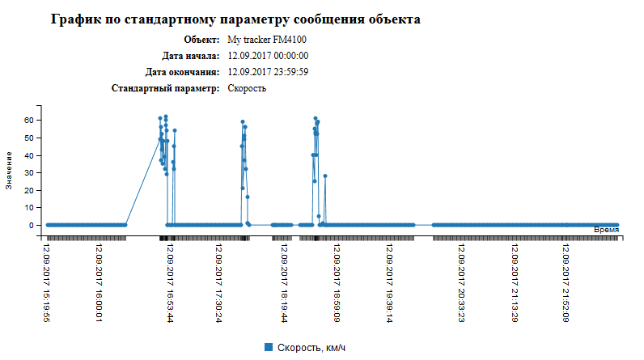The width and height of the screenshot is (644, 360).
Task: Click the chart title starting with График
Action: [235, 18]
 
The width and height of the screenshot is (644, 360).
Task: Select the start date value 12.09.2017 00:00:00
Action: [268, 56]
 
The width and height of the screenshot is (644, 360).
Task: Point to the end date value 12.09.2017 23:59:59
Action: [268, 72]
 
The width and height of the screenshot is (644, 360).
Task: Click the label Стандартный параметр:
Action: [165, 88]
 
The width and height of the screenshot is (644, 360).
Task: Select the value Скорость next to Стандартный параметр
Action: [247, 88]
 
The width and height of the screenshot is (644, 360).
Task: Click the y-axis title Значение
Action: [9, 170]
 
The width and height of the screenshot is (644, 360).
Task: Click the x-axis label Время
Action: [607, 231]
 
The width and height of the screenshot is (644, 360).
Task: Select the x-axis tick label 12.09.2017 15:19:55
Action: [48, 282]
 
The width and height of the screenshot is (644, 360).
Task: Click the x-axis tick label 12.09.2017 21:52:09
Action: [566, 282]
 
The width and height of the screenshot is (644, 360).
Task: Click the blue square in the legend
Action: [269, 347]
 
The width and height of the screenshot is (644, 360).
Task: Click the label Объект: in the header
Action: [201, 40]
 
